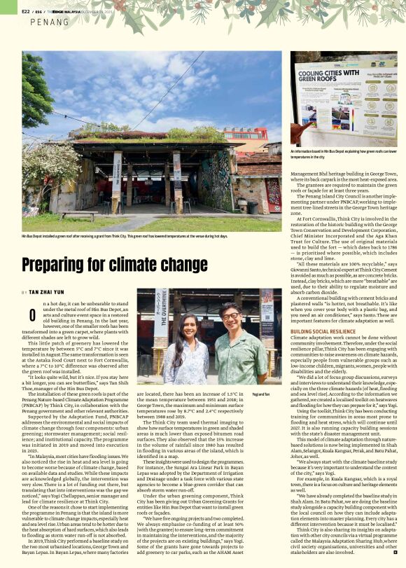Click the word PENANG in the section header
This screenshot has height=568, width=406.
tap(50, 22)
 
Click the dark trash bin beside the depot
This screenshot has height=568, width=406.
tap(253, 207)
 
